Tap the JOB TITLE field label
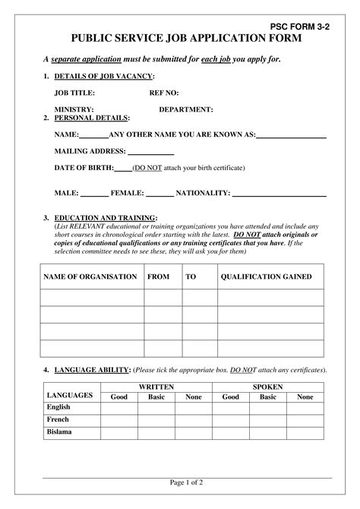click(x=74, y=93)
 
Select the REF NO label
click(x=164, y=93)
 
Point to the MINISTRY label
click(x=74, y=109)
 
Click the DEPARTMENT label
click(x=186, y=109)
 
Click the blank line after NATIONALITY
click(x=279, y=194)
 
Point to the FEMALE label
click(x=127, y=194)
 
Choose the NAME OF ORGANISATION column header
click(x=90, y=277)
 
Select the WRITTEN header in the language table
click(x=156, y=387)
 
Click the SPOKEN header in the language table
click(x=267, y=387)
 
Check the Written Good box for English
click(x=119, y=407)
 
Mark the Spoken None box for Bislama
click(x=305, y=432)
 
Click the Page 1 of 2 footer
click(x=186, y=482)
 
